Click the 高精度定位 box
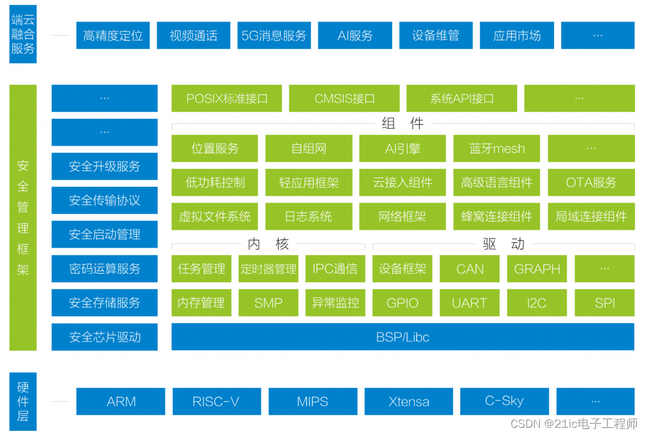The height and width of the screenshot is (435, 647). [113, 36]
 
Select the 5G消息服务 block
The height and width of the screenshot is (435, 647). [274, 36]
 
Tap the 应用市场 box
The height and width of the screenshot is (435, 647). [517, 36]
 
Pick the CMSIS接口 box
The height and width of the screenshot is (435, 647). [344, 98]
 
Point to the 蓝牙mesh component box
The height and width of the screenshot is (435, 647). [497, 149]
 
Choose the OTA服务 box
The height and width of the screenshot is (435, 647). [591, 182]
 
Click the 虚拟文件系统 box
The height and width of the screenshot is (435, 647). [214, 216]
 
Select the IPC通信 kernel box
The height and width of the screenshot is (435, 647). [335, 269]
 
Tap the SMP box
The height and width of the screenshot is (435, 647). [268, 303]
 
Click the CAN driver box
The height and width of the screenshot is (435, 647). [469, 269]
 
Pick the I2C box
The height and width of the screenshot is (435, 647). [536, 303]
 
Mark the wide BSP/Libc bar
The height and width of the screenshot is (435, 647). [402, 337]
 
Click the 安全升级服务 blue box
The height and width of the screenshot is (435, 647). [105, 166]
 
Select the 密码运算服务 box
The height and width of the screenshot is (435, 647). [105, 268]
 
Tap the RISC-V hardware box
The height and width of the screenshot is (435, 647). [216, 402]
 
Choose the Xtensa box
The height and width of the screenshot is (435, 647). [408, 402]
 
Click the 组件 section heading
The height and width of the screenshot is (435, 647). [403, 124]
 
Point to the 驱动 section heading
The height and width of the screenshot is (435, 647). [503, 244]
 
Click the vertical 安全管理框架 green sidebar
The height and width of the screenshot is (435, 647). [23, 217]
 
